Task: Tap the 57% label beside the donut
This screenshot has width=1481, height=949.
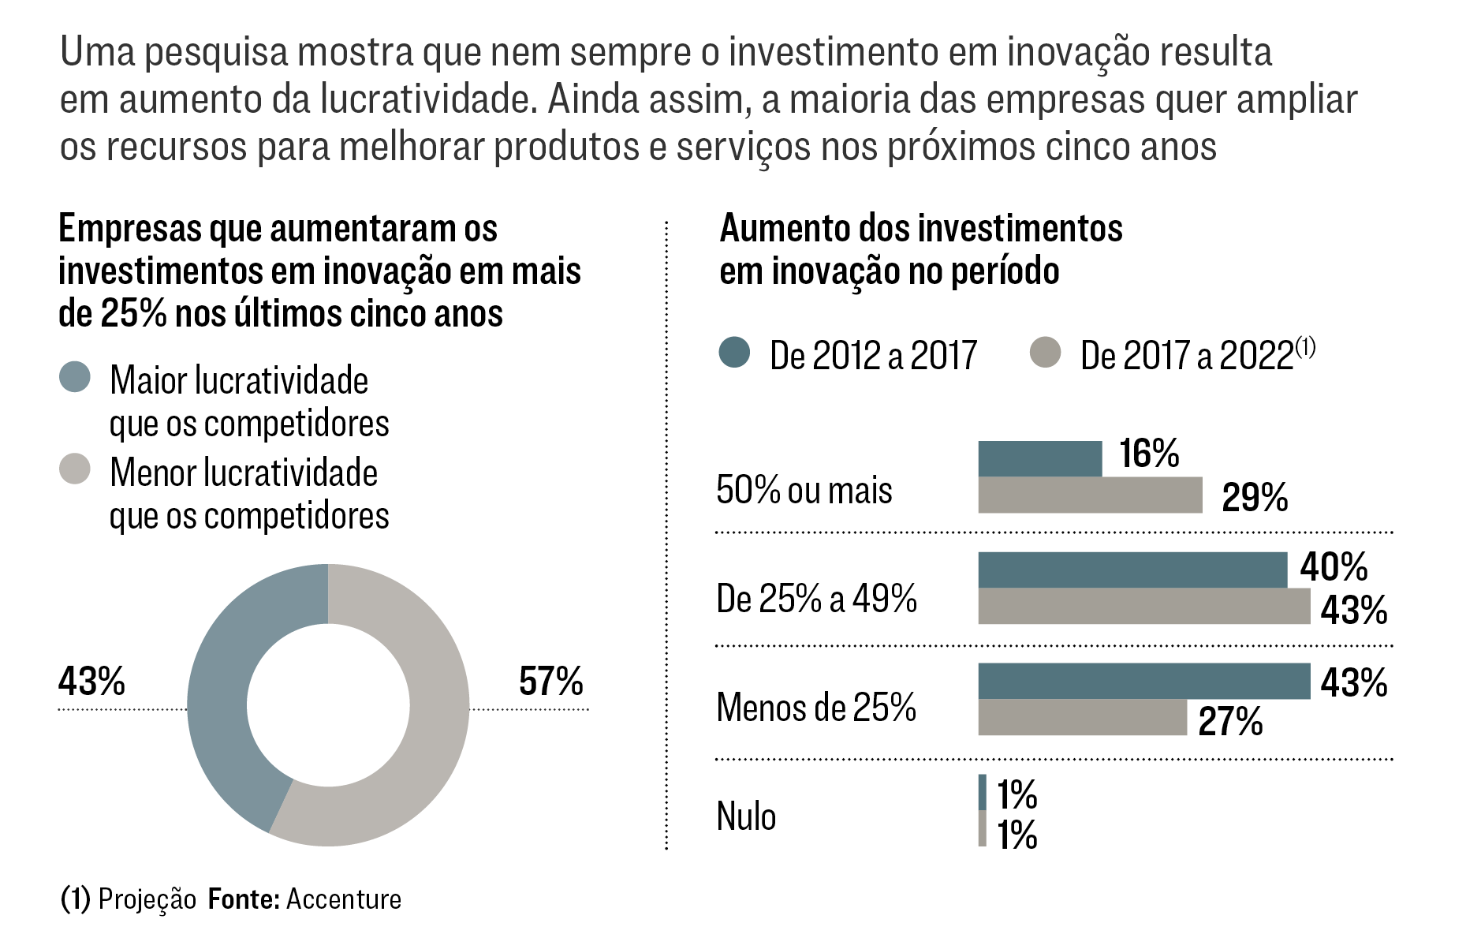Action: click(x=550, y=681)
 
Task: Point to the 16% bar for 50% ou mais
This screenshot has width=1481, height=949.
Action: click(x=1039, y=458)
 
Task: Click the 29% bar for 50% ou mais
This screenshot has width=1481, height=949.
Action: click(x=1090, y=495)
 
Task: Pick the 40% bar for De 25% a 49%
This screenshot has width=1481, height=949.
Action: click(x=1132, y=570)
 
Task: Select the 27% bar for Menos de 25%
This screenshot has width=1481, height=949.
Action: click(x=1082, y=717)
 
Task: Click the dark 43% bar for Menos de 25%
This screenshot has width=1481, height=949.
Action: click(x=1143, y=681)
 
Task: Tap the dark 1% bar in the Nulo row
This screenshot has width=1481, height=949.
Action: click(x=982, y=792)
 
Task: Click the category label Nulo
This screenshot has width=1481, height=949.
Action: click(x=746, y=816)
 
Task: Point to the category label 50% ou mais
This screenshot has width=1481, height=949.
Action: click(x=804, y=490)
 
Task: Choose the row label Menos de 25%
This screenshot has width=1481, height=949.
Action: click(x=815, y=707)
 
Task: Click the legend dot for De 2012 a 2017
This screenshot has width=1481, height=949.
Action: click(x=734, y=353)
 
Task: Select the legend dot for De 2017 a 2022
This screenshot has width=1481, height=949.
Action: click(x=1045, y=353)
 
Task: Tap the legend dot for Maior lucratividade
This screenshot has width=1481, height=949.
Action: click(x=75, y=377)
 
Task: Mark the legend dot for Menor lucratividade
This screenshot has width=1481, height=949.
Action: click(x=75, y=469)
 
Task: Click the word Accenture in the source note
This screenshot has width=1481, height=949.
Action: click(x=344, y=899)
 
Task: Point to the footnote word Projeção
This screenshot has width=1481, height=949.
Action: click(x=147, y=899)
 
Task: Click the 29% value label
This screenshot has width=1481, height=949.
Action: click(x=1254, y=497)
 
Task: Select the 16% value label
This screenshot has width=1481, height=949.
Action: click(x=1149, y=454)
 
